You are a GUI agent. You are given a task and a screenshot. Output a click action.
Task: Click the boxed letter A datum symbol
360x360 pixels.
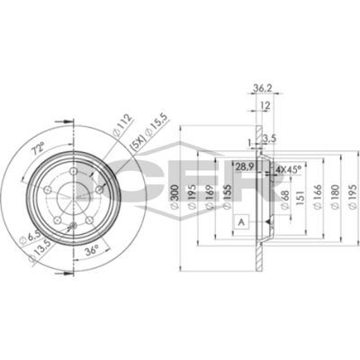(242, 220)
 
